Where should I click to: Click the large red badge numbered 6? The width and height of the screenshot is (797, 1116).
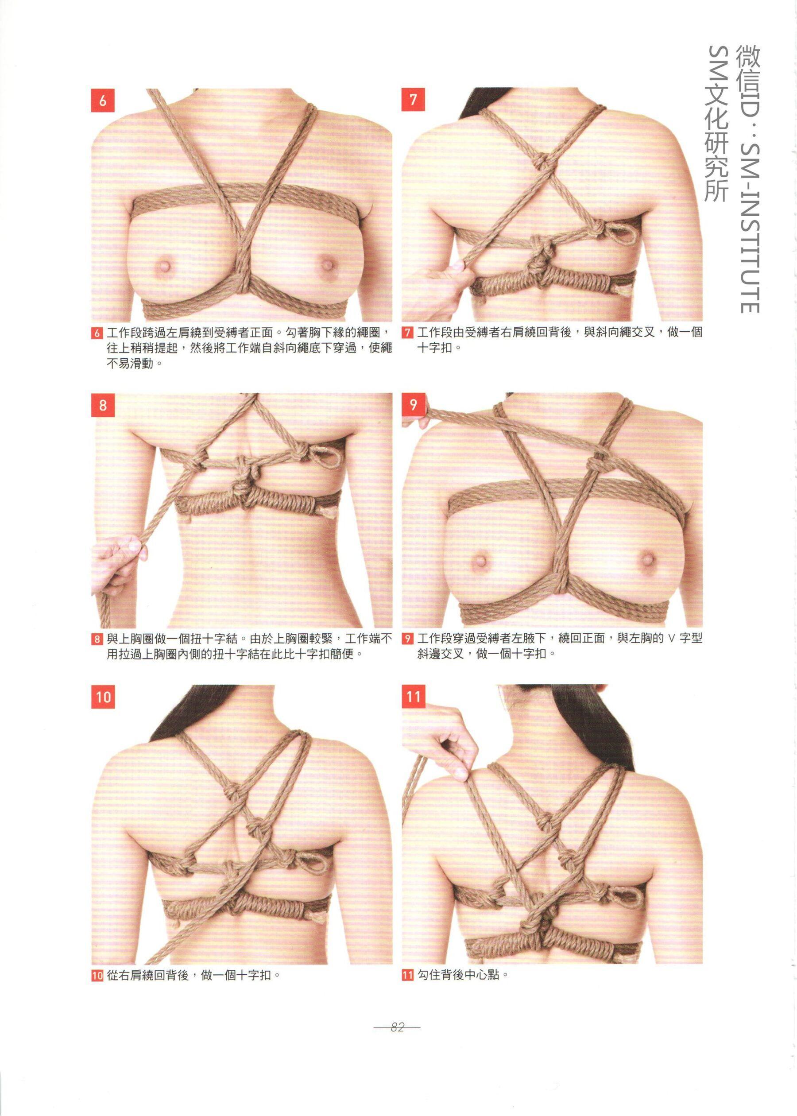click(x=103, y=101)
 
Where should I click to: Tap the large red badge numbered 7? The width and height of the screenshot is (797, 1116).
click(x=413, y=100)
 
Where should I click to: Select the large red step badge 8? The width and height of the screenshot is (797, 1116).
click(x=103, y=405)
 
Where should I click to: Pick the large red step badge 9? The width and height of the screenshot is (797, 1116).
click(x=413, y=405)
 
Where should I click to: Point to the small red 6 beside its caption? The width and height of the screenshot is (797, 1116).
click(x=97, y=333)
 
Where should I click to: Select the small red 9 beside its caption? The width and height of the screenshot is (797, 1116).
click(x=407, y=639)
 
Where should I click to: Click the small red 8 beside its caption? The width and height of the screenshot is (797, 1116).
click(x=97, y=639)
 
